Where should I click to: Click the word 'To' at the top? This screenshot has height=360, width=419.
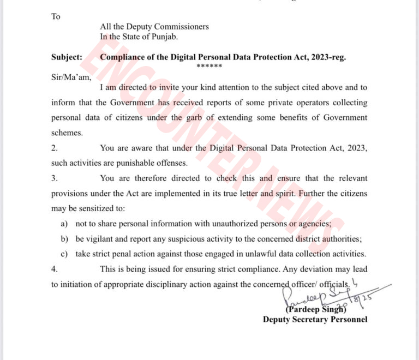[56, 16]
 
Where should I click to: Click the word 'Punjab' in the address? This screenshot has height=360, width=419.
[163, 37]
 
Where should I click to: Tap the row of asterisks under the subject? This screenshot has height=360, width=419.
[209, 67]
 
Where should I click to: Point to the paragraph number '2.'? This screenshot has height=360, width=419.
[55, 147]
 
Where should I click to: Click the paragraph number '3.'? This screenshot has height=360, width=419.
[55, 178]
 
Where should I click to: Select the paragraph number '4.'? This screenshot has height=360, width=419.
[55, 269]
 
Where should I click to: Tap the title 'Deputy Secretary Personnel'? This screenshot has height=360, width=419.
[315, 320]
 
